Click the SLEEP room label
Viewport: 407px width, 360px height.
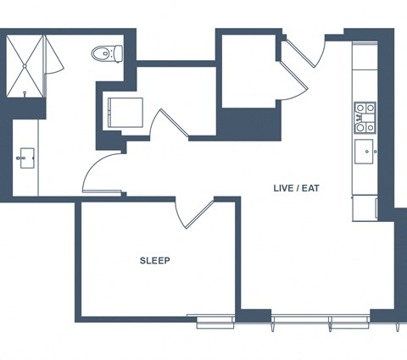155,260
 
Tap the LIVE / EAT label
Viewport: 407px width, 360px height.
296,188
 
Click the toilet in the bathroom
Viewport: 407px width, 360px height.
107,53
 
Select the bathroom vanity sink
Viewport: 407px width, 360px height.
26,158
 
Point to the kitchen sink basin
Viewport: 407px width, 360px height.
364,152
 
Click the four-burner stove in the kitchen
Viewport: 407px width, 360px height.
365,118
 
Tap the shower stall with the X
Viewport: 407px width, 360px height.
25,66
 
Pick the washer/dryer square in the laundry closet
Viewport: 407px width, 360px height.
125,113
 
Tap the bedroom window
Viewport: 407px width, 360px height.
215,322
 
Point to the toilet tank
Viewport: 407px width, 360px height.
119,53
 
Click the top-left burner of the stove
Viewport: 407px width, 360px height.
360,108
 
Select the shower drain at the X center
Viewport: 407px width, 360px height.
25,66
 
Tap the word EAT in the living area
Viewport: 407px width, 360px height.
310,188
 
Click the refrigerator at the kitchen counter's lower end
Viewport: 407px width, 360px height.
365,208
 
